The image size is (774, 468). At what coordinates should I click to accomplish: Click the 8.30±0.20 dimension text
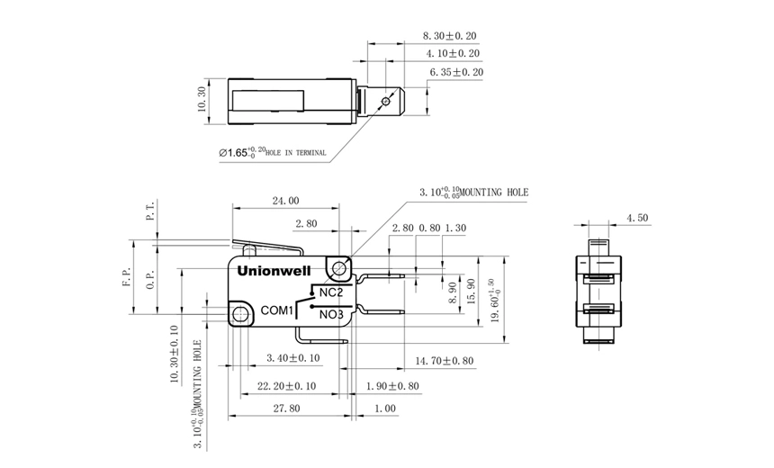coord(449,36)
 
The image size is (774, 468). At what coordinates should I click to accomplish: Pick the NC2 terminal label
coord(330,292)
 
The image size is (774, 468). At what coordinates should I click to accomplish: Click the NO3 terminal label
coord(331,314)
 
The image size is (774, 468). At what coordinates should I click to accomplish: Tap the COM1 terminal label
coord(278,310)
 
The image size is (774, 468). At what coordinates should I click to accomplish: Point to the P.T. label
coord(151,212)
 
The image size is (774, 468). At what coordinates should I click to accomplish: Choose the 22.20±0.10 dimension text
coord(286,385)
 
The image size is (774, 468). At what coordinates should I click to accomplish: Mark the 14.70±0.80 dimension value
coord(444,361)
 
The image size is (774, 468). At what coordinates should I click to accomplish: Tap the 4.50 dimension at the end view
coord(636,218)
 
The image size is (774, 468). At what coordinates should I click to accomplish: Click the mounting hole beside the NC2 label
coord(340,268)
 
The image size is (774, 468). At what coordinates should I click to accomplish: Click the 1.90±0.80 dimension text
coord(393,385)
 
